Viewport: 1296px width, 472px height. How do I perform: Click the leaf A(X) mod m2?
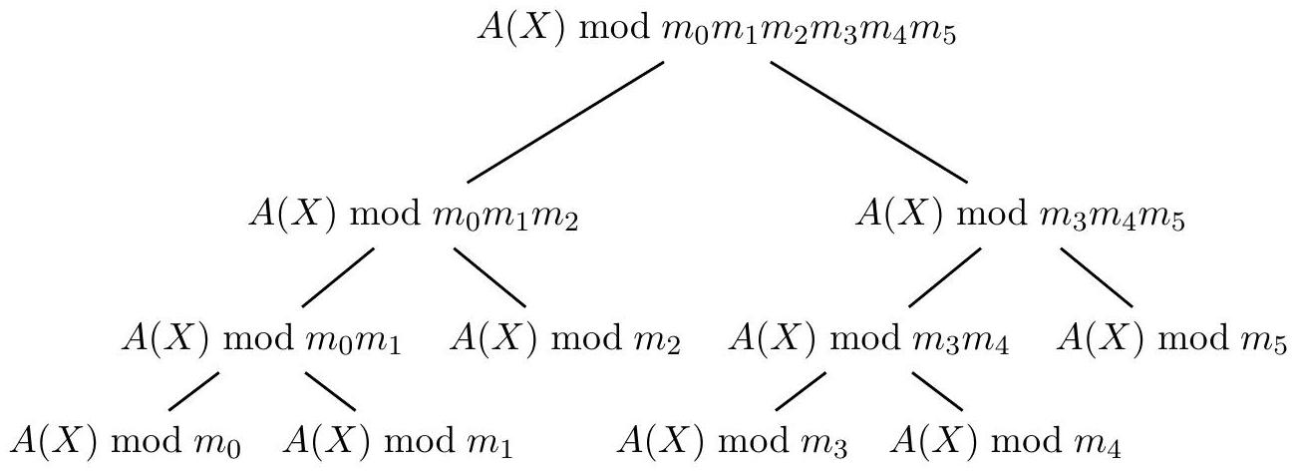(x=566, y=340)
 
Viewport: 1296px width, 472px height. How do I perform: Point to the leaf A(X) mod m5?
(x=1172, y=340)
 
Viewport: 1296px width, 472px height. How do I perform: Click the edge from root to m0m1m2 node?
(x=565, y=122)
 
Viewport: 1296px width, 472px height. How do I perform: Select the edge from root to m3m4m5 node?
(x=867, y=122)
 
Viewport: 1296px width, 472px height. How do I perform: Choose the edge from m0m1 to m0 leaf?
(x=194, y=390)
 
